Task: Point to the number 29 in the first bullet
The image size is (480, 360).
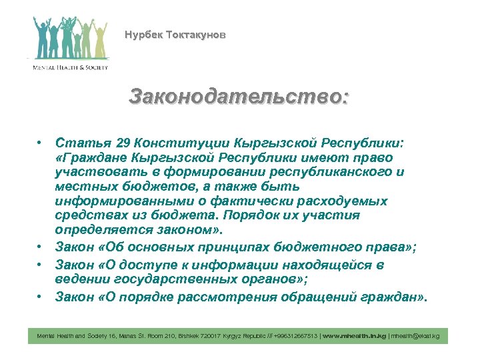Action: click(123, 144)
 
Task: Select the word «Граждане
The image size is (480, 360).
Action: click(92, 158)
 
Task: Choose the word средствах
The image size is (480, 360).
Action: click(89, 215)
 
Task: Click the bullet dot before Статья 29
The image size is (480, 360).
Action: click(41, 144)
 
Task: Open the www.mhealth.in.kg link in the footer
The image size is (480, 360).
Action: click(353, 337)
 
